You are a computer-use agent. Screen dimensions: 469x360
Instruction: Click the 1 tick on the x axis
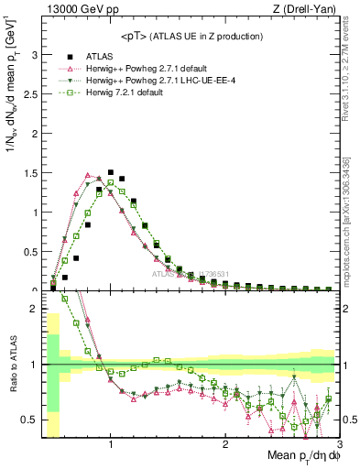111,446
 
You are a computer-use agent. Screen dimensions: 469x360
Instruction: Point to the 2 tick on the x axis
225,446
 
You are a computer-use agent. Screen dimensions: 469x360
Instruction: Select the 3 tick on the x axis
339,446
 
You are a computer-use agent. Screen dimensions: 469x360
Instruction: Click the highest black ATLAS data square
111,172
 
